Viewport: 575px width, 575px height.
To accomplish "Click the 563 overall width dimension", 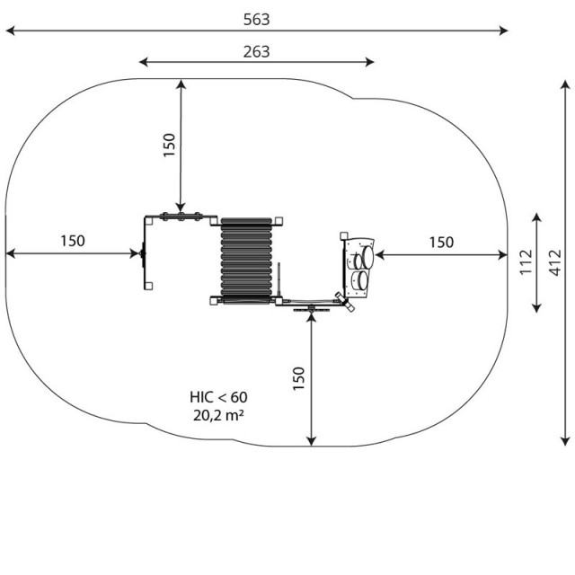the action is [257, 20].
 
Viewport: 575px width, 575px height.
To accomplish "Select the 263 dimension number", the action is [257, 52].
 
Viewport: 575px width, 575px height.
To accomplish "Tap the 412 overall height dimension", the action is [555, 262].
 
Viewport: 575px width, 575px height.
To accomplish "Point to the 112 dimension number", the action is [526, 261].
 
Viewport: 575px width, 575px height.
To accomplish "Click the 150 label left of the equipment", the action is [73, 241].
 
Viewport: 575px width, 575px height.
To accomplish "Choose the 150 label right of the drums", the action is [441, 243].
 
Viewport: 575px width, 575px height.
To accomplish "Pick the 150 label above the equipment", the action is [169, 146].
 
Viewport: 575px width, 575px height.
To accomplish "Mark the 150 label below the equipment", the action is [299, 378].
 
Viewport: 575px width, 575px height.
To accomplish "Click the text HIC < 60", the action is [218, 397].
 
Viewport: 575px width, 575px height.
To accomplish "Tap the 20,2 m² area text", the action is [218, 415].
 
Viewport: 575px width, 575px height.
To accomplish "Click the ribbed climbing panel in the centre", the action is [246, 261].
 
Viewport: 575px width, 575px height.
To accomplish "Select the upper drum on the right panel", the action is [367, 256].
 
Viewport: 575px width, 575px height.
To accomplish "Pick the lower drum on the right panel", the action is [363, 280].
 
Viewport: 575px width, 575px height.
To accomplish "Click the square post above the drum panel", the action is [343, 235].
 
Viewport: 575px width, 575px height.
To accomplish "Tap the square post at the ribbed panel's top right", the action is [279, 221].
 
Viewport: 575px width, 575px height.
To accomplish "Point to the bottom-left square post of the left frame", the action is [148, 286].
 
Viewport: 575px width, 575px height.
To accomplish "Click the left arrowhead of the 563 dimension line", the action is [10, 31].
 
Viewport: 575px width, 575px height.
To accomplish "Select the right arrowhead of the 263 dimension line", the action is [369, 62].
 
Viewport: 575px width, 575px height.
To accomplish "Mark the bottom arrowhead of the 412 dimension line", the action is [565, 441].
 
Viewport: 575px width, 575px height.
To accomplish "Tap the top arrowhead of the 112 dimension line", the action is [536, 217].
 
